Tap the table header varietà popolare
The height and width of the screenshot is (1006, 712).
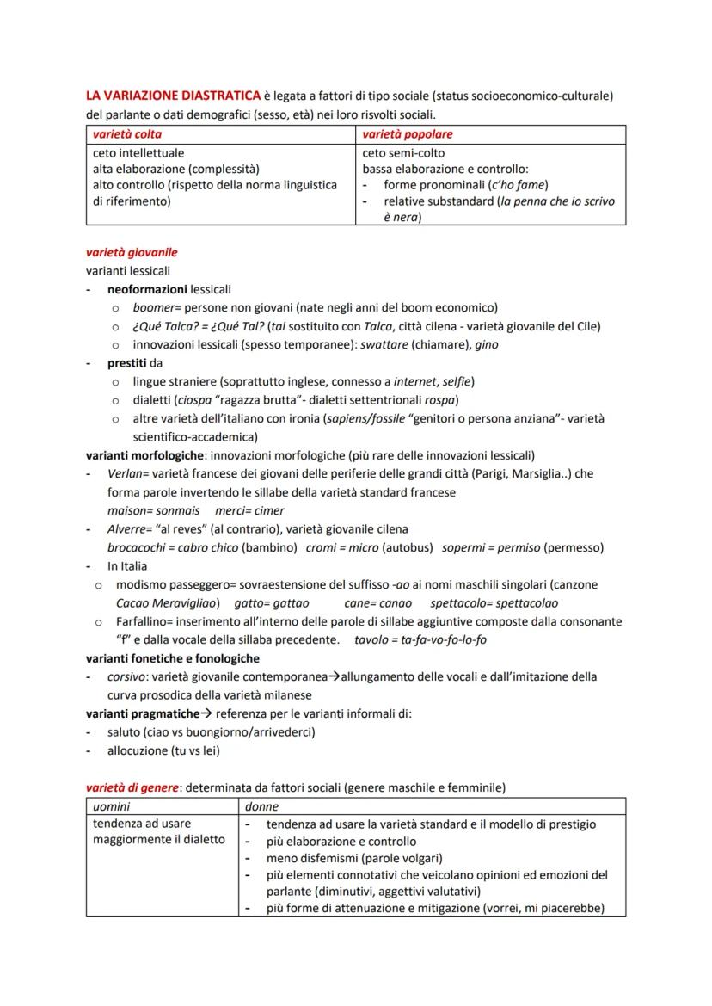point(408,134)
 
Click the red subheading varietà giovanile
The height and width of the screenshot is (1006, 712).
point(132,253)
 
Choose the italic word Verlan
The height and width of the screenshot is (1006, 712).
point(126,474)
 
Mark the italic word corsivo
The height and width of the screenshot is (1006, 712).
point(127,677)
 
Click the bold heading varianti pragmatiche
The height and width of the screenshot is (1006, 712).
point(142,713)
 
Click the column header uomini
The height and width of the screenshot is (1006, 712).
point(113,807)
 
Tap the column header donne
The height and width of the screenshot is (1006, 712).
point(261,807)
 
